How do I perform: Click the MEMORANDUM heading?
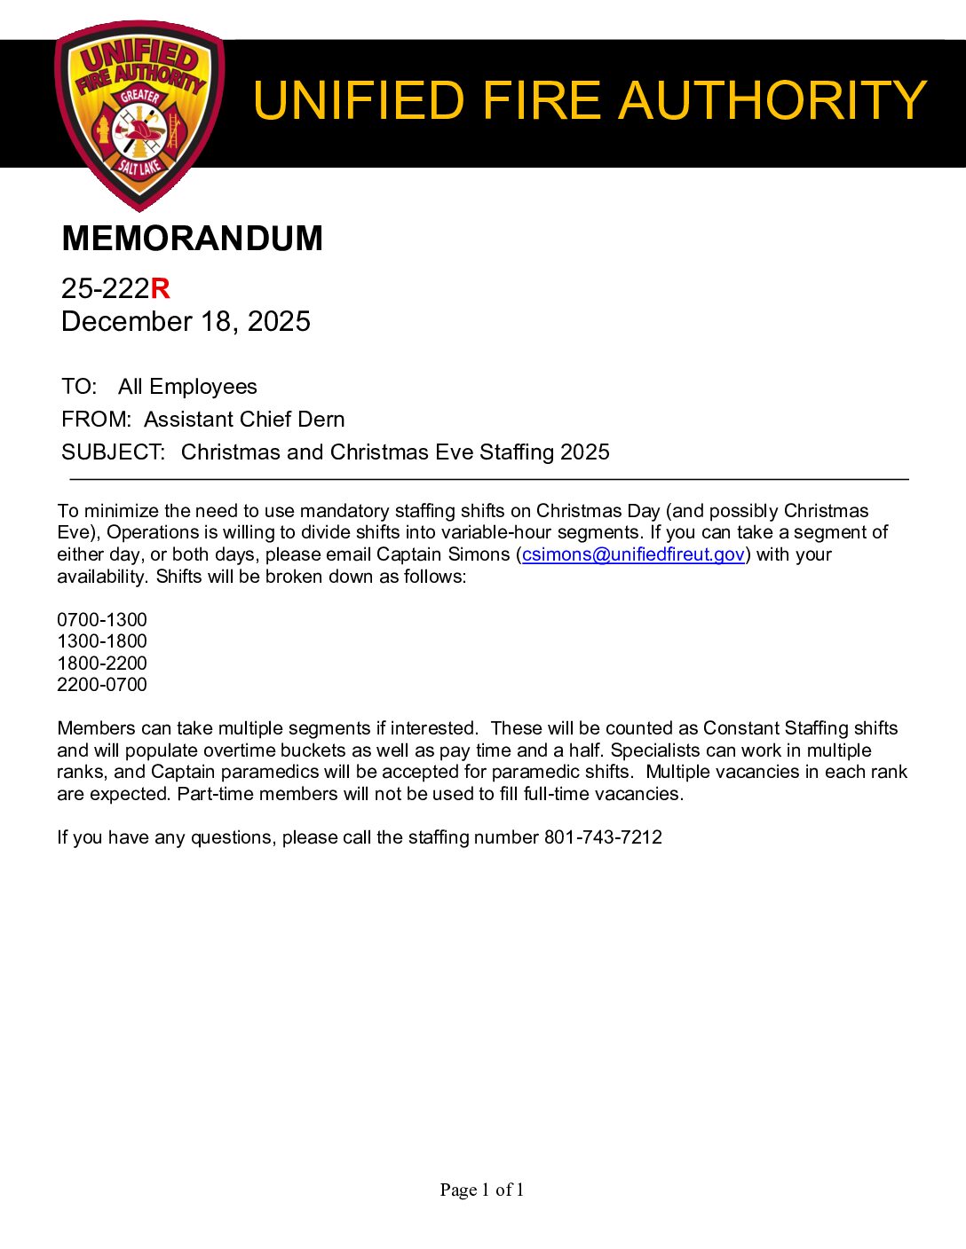pyautogui.click(x=192, y=239)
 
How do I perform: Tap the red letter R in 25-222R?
pyautogui.click(x=160, y=288)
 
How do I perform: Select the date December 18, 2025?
pyautogui.click(x=186, y=321)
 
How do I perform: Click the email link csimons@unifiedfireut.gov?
pyautogui.click(x=633, y=554)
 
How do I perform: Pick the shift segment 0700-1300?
pyautogui.click(x=102, y=620)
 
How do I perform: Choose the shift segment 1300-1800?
pyautogui.click(x=102, y=641)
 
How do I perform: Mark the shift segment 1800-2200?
pyautogui.click(x=102, y=664)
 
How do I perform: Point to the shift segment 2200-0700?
pyautogui.click(x=102, y=685)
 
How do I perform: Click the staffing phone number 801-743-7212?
pyautogui.click(x=603, y=837)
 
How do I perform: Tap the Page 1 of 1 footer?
pyautogui.click(x=482, y=1190)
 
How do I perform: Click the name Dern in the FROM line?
pyautogui.click(x=321, y=420)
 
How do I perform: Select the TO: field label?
pyautogui.click(x=79, y=387)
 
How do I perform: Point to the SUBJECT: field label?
pyautogui.click(x=114, y=452)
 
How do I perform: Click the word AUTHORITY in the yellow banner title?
pyautogui.click(x=772, y=100)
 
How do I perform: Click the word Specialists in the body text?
pyautogui.click(x=654, y=750)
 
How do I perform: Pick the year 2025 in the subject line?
pyautogui.click(x=585, y=452)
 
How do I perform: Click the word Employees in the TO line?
pyautogui.click(x=202, y=387)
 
